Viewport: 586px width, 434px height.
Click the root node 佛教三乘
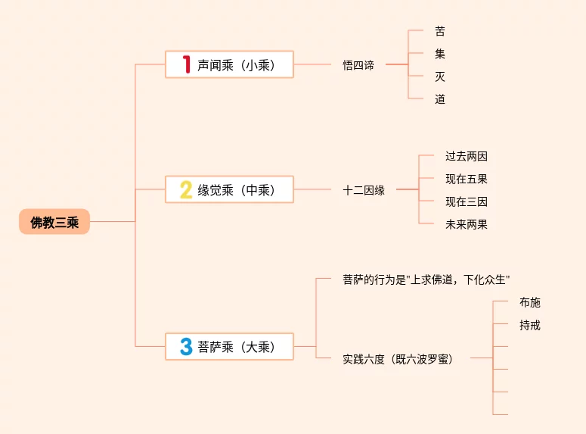click(x=54, y=222)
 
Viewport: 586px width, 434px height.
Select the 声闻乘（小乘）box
click(x=229, y=64)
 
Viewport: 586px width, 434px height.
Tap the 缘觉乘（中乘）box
click(x=229, y=189)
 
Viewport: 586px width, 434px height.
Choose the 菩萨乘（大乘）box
click(x=229, y=347)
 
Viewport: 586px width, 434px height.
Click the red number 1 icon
click(x=186, y=64)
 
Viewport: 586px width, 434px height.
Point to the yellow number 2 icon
click(x=186, y=189)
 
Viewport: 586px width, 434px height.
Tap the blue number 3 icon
click(x=186, y=347)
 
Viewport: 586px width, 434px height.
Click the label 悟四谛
click(x=358, y=65)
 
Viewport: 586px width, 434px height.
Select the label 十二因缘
click(x=364, y=190)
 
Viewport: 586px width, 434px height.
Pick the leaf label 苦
click(x=440, y=31)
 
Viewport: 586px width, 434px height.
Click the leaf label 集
click(x=440, y=54)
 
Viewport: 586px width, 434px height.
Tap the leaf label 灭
click(x=440, y=76)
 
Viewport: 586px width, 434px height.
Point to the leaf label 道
click(x=440, y=99)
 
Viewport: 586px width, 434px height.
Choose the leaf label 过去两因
click(x=467, y=157)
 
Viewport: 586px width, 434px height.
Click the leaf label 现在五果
click(x=467, y=180)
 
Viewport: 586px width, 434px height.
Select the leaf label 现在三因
click(x=467, y=201)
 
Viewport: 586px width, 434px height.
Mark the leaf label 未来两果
click(x=467, y=224)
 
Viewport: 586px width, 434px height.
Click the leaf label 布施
click(x=530, y=302)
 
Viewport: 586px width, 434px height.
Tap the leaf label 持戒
click(x=530, y=325)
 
